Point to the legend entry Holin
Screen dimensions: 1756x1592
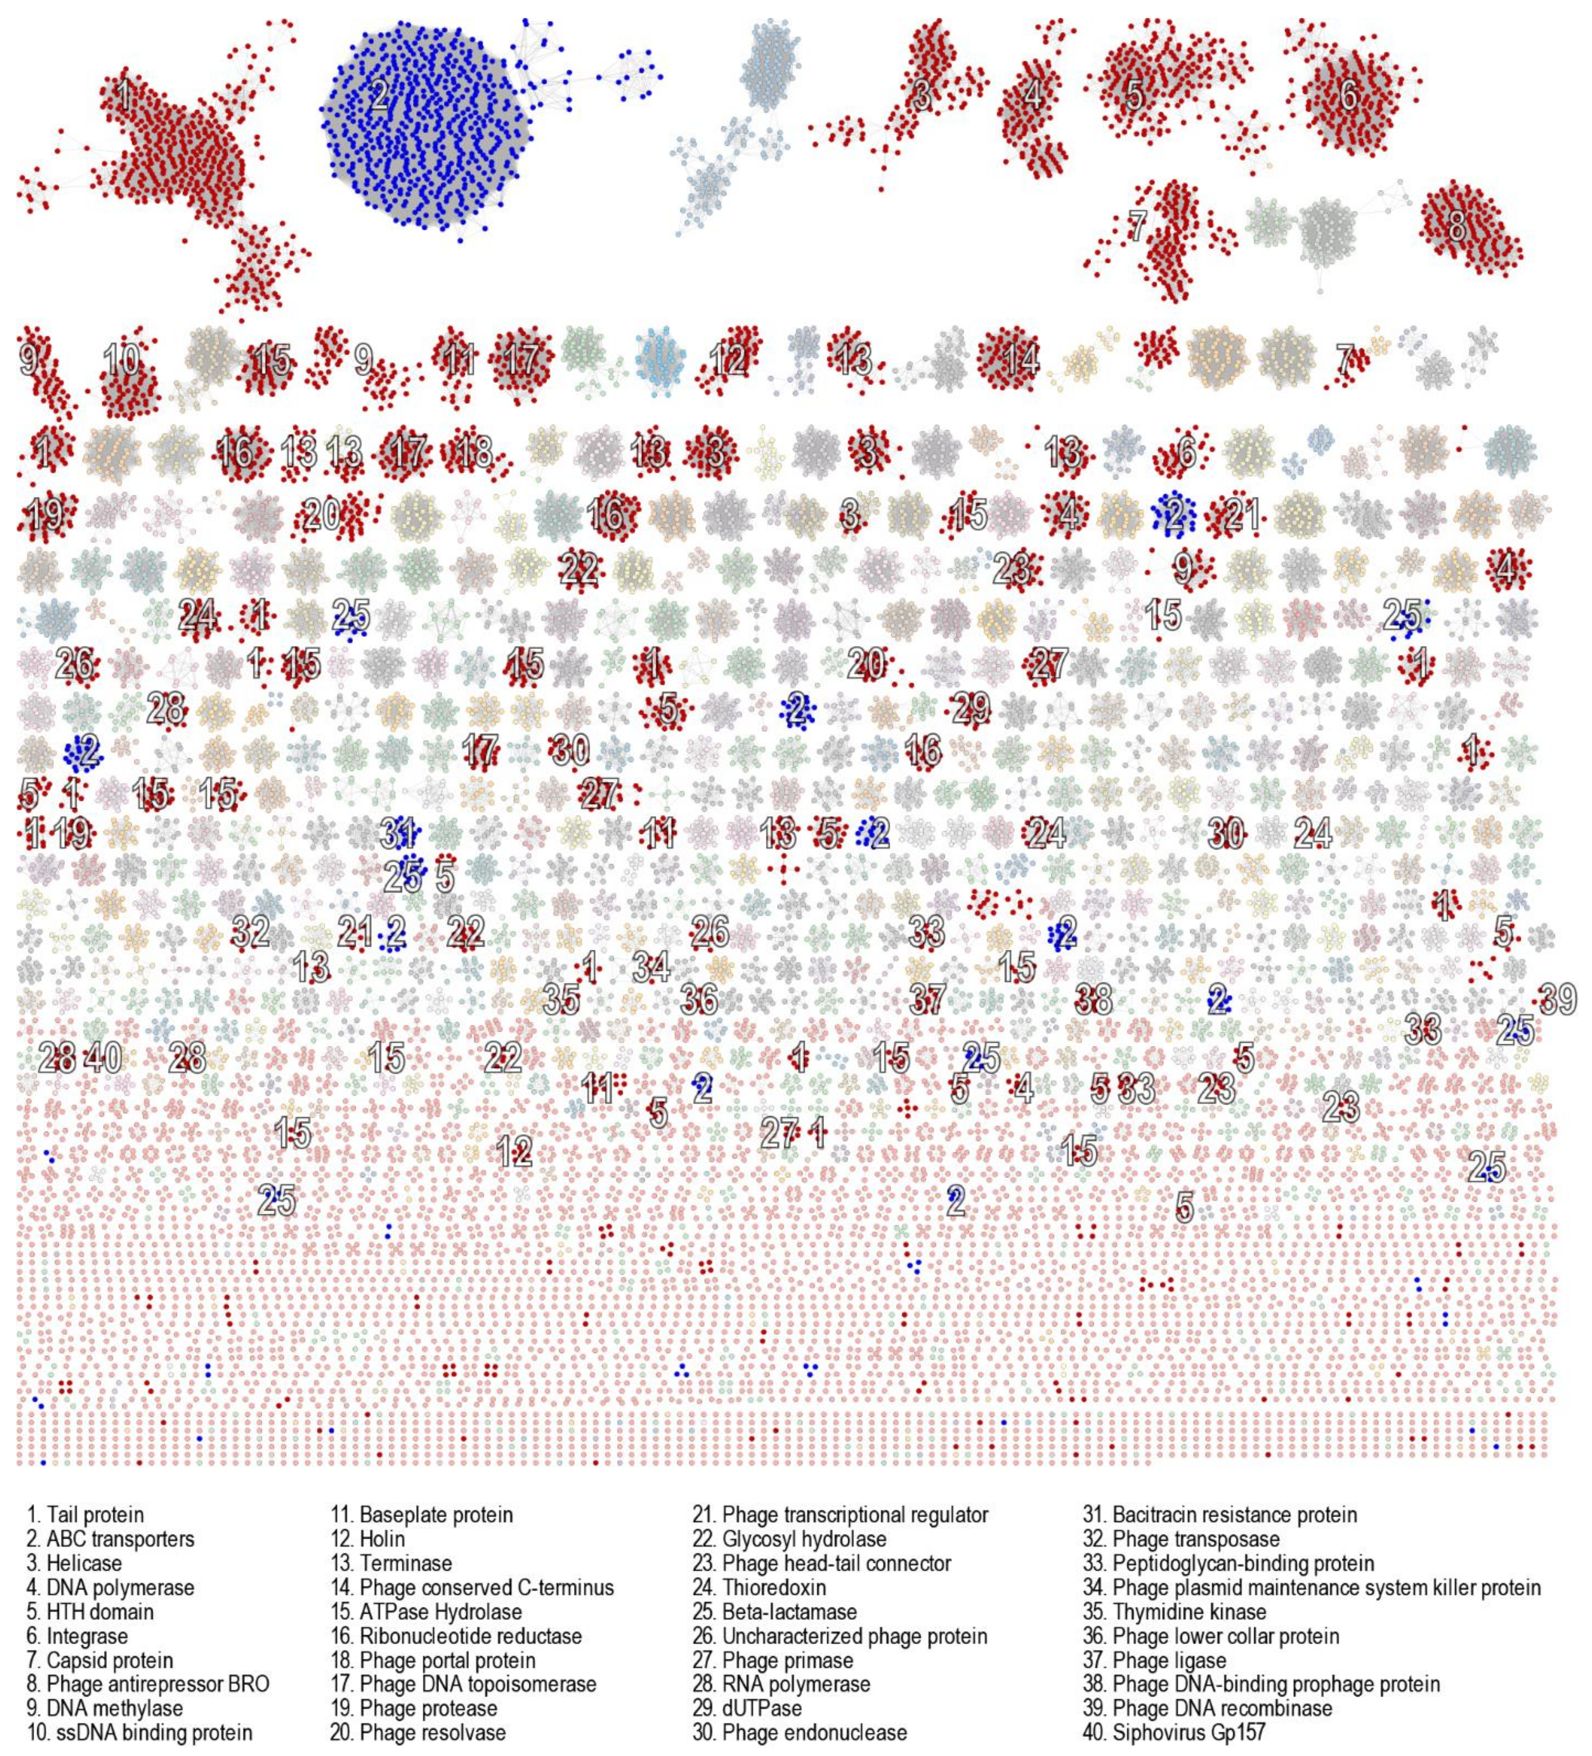pos(369,1539)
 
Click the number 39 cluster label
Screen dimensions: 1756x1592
pos(1558,999)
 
